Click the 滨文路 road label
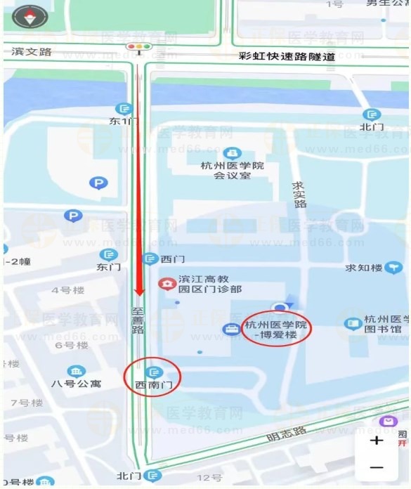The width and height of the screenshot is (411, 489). point(32,51)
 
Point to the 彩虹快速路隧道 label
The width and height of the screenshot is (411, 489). point(287,56)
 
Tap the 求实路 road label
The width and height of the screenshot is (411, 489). point(300,195)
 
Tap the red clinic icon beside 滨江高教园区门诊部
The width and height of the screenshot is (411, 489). point(167,284)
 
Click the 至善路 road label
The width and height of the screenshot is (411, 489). point(138,319)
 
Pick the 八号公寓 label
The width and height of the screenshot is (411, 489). point(76,384)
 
